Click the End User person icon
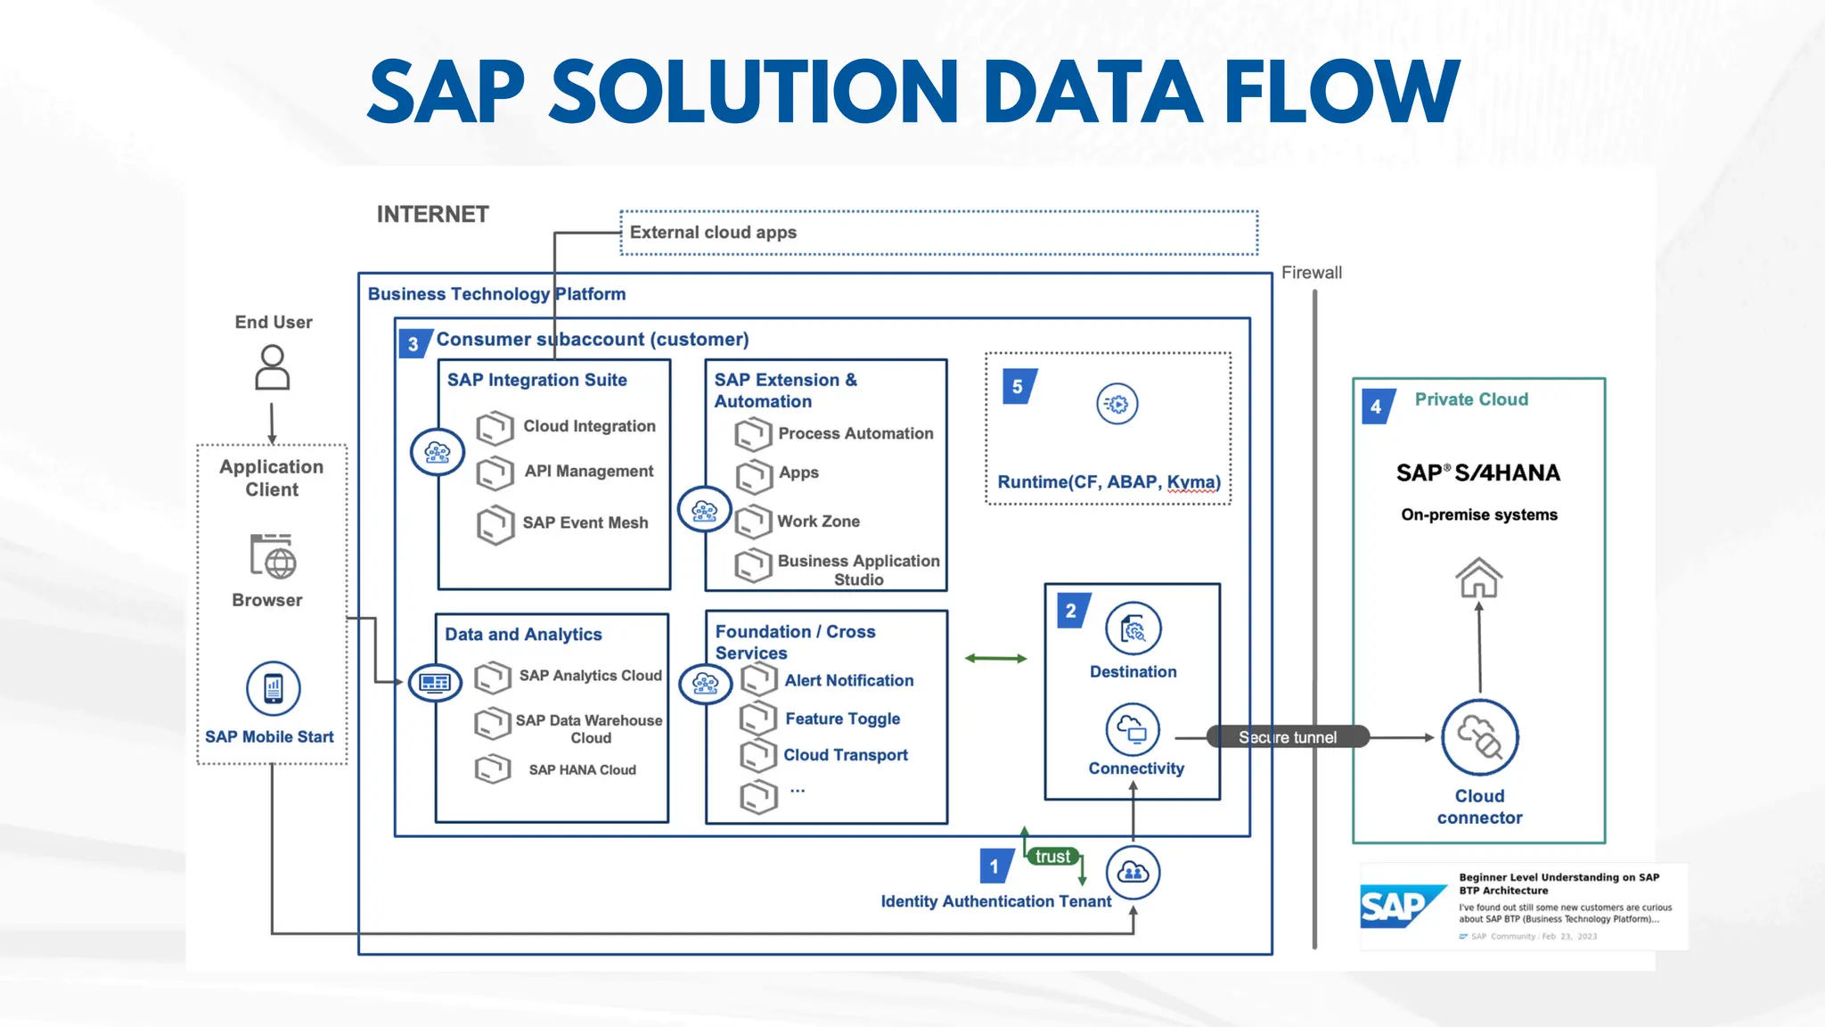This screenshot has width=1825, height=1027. click(x=273, y=368)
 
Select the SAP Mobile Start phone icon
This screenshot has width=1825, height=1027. click(x=274, y=688)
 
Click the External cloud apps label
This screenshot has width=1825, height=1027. click(x=713, y=233)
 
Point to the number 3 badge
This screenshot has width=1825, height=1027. click(x=413, y=344)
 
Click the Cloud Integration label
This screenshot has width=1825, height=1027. click(x=589, y=426)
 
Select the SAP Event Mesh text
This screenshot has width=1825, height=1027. click(x=585, y=522)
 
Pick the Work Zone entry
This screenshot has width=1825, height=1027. click(x=818, y=521)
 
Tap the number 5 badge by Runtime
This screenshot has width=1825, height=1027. click(x=1018, y=387)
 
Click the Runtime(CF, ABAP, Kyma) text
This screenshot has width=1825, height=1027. click(x=1109, y=482)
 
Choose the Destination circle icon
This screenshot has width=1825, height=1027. click(x=1133, y=629)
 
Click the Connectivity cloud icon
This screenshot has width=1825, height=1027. click(x=1133, y=730)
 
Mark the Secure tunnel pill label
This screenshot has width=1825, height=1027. click(x=1287, y=737)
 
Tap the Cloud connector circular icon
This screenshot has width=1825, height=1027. click(x=1480, y=738)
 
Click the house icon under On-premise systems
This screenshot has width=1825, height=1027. click(x=1479, y=578)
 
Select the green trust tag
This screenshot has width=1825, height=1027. click(x=1052, y=857)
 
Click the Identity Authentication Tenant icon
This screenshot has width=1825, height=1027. click(x=1133, y=872)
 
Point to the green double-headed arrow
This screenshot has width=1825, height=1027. click(x=995, y=659)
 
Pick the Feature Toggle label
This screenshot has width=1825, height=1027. click(x=842, y=719)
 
